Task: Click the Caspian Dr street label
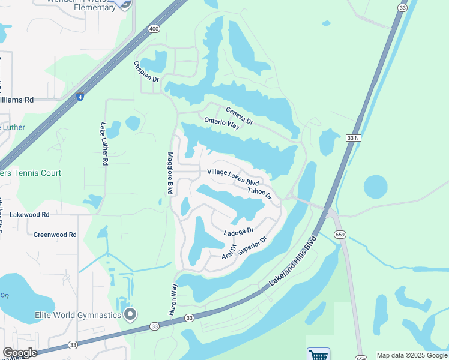146,71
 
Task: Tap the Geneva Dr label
240,116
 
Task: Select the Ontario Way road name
221,124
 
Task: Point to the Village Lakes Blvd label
233,177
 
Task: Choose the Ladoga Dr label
239,231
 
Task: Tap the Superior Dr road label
252,245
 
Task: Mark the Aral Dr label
229,252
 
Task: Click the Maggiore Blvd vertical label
170,173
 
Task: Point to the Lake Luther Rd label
104,144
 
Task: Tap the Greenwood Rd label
55,235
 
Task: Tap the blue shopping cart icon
318,354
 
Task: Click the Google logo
19,353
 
